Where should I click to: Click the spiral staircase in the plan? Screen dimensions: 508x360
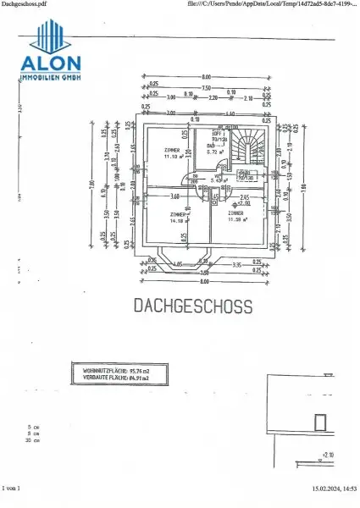pos(251,149)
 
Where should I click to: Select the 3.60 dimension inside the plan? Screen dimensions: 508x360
pos(174,196)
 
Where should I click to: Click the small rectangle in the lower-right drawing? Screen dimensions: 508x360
pos(320,421)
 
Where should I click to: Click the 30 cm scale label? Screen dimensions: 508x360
pos(34,441)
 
